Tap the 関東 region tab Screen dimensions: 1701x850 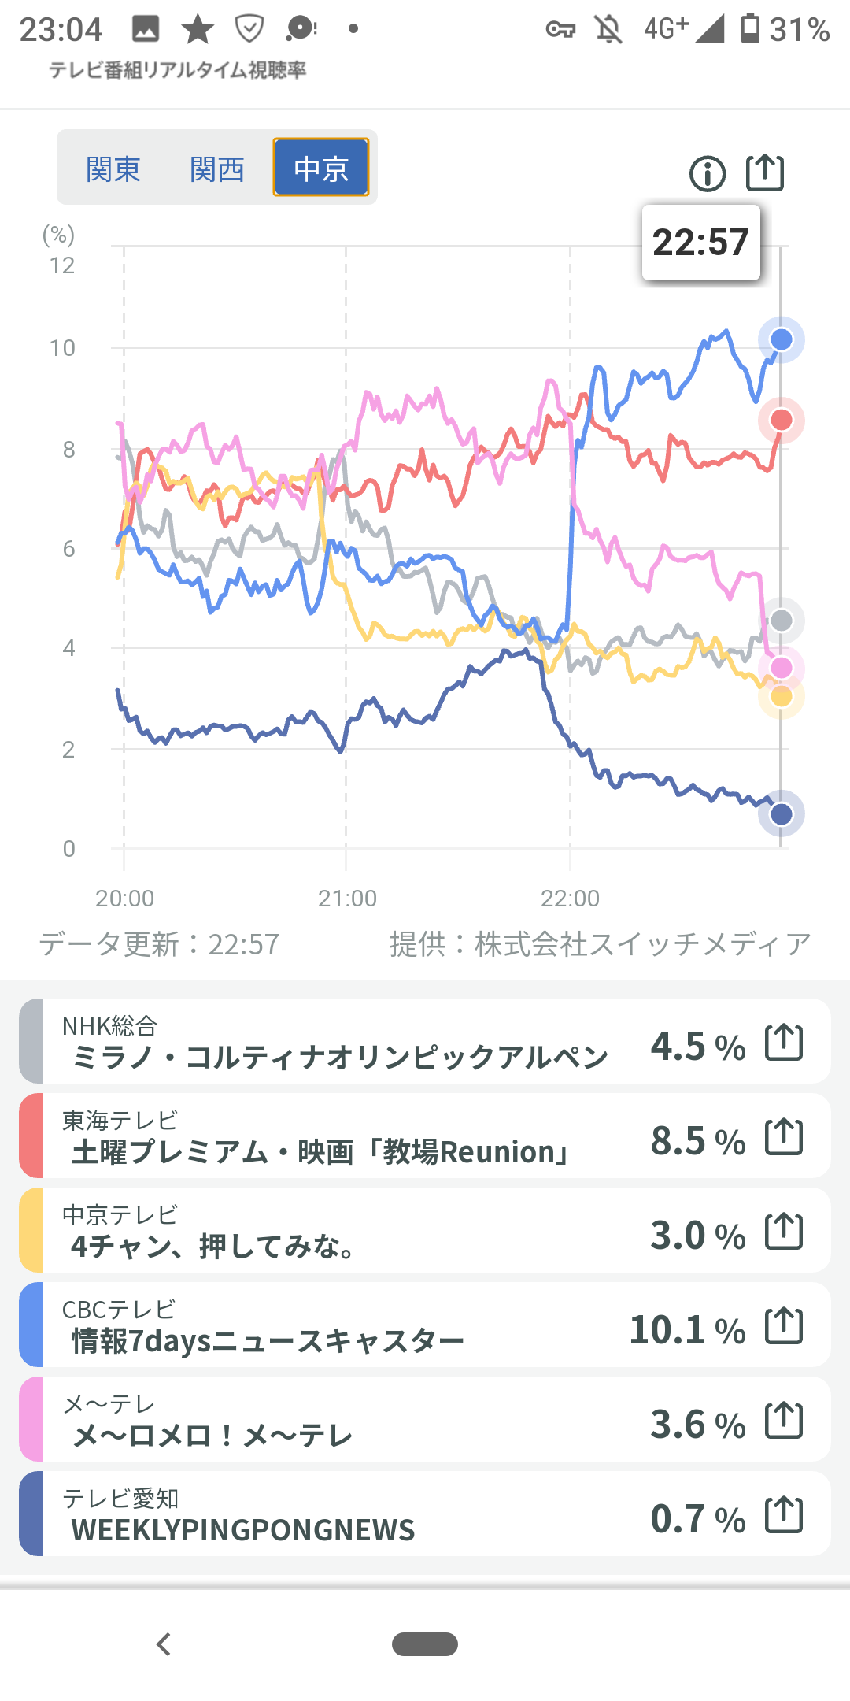pyautogui.click(x=113, y=169)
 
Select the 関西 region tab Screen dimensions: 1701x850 pyautogui.click(x=217, y=169)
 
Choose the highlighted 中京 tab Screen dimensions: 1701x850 pyautogui.click(x=321, y=168)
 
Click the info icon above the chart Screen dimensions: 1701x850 pyautogui.click(x=707, y=173)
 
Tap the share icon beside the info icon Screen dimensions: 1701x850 pyautogui.click(x=765, y=172)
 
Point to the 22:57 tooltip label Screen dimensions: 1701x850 pyautogui.click(x=700, y=243)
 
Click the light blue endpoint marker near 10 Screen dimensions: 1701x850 pyautogui.click(x=781, y=339)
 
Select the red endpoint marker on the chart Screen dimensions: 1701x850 pyautogui.click(x=781, y=420)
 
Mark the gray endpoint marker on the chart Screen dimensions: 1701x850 pyautogui.click(x=781, y=621)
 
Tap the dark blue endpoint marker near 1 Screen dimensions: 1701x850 pyautogui.click(x=781, y=813)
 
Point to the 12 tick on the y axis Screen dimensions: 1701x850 pyautogui.click(x=62, y=266)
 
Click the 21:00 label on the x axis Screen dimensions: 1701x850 pyautogui.click(x=347, y=899)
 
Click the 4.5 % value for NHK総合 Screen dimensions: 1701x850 pyautogui.click(x=697, y=1047)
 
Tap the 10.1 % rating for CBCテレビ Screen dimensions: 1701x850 pyautogui.click(x=687, y=1330)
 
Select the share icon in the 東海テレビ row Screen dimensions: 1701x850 pyautogui.click(x=784, y=1136)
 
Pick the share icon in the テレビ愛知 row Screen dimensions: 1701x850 pyautogui.click(x=784, y=1514)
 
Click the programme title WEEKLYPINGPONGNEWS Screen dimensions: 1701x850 pyautogui.click(x=242, y=1530)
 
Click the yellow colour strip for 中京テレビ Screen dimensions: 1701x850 pyautogui.click(x=31, y=1230)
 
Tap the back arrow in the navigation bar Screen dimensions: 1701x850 pyautogui.click(x=164, y=1644)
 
